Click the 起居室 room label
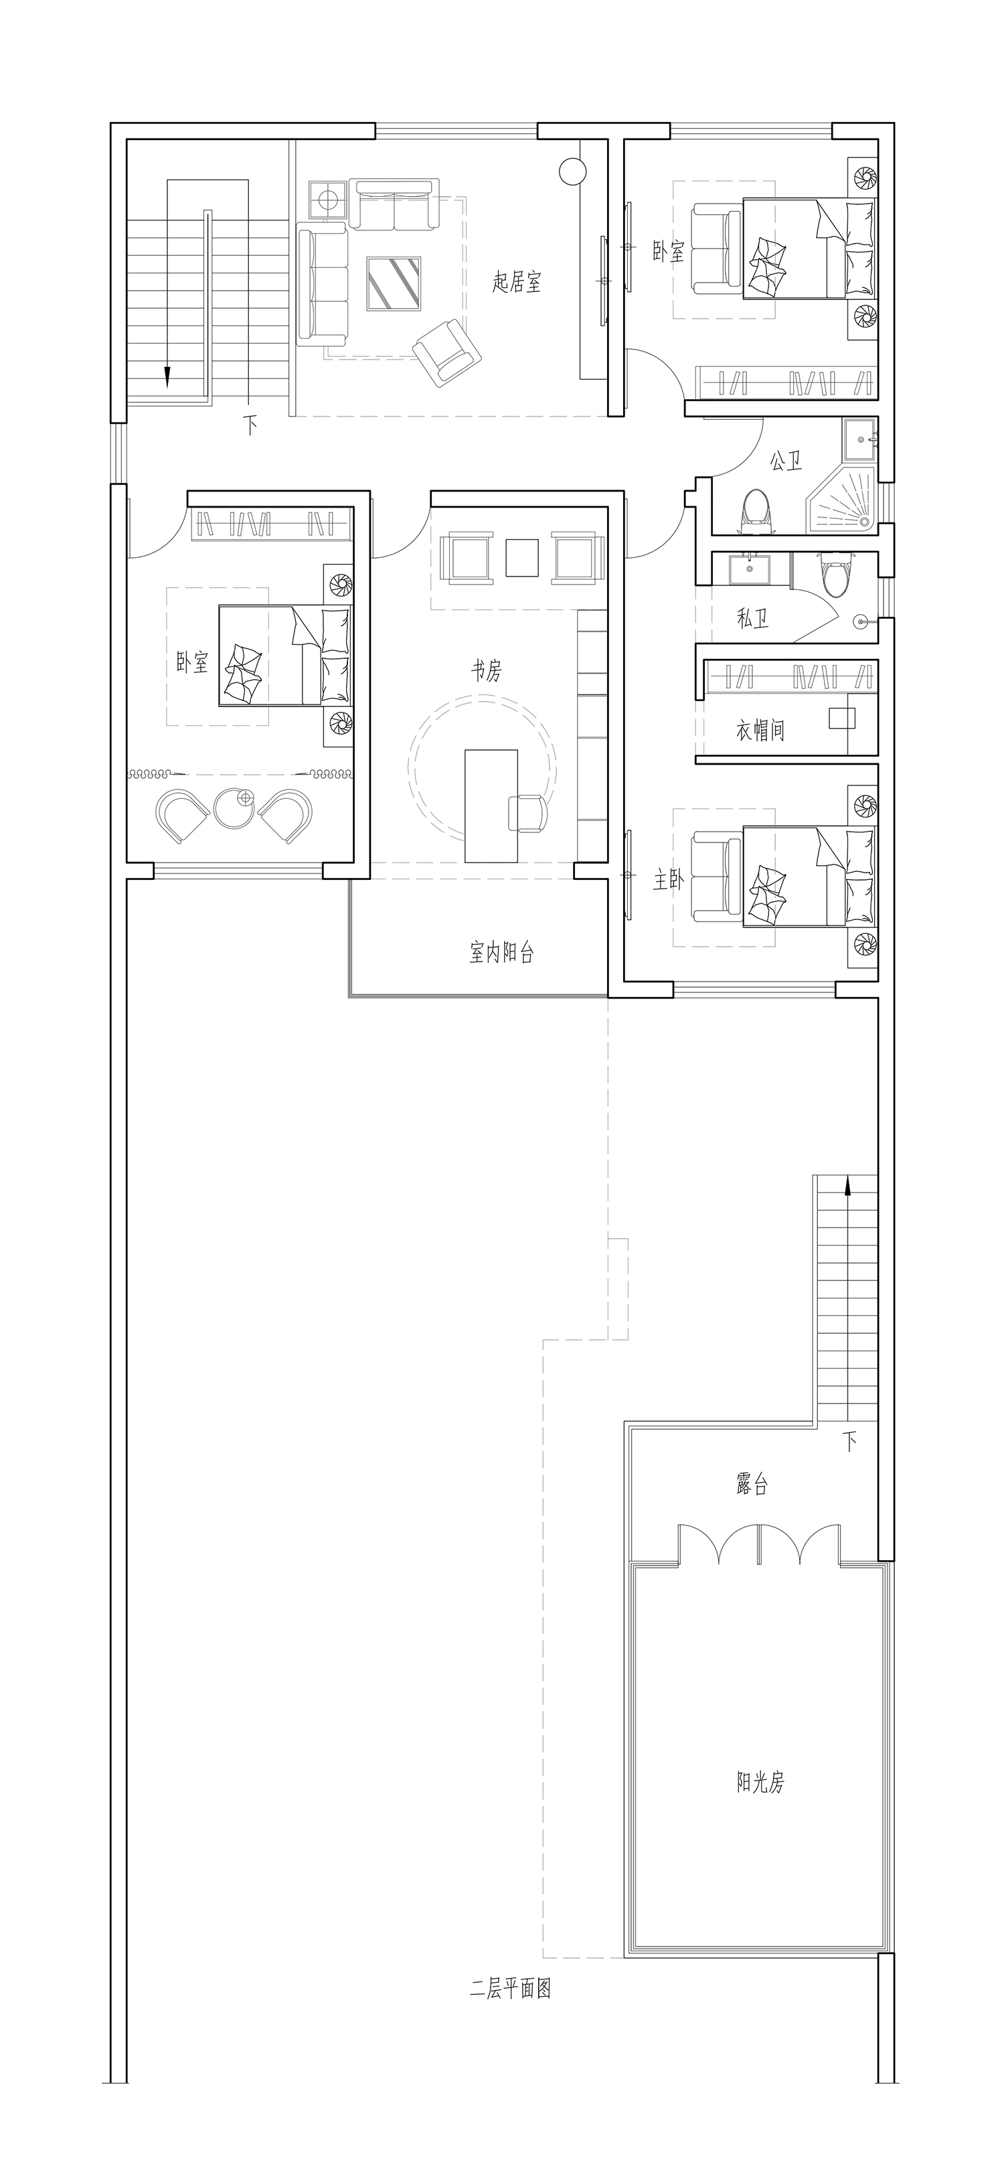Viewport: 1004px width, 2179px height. [517, 282]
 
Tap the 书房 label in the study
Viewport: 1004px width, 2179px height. [487, 671]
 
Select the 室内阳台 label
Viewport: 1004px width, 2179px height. [501, 954]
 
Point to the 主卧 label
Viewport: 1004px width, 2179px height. [667, 881]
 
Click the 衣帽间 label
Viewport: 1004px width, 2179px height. [760, 730]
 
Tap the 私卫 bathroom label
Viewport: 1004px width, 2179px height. [753, 618]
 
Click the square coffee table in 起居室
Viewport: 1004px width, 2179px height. [394, 283]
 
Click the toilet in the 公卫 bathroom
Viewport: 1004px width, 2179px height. [757, 512]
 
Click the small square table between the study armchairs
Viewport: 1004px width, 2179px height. [522, 557]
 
